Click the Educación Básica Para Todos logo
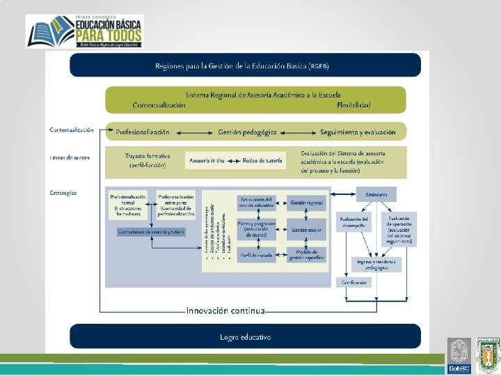coord(85,31)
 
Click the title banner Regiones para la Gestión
coord(244,65)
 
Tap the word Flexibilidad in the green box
coord(353,105)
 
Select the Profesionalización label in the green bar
coord(143,132)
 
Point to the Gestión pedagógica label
coord(247,132)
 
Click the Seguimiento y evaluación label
coord(358,132)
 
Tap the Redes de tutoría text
coord(263,161)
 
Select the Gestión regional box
coord(307,203)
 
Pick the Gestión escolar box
coord(307,229)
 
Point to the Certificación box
coord(354,283)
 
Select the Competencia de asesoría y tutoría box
coord(151,232)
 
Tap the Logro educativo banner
coord(245,337)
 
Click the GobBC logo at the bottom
coord(459,356)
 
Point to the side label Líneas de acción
coord(69,157)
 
